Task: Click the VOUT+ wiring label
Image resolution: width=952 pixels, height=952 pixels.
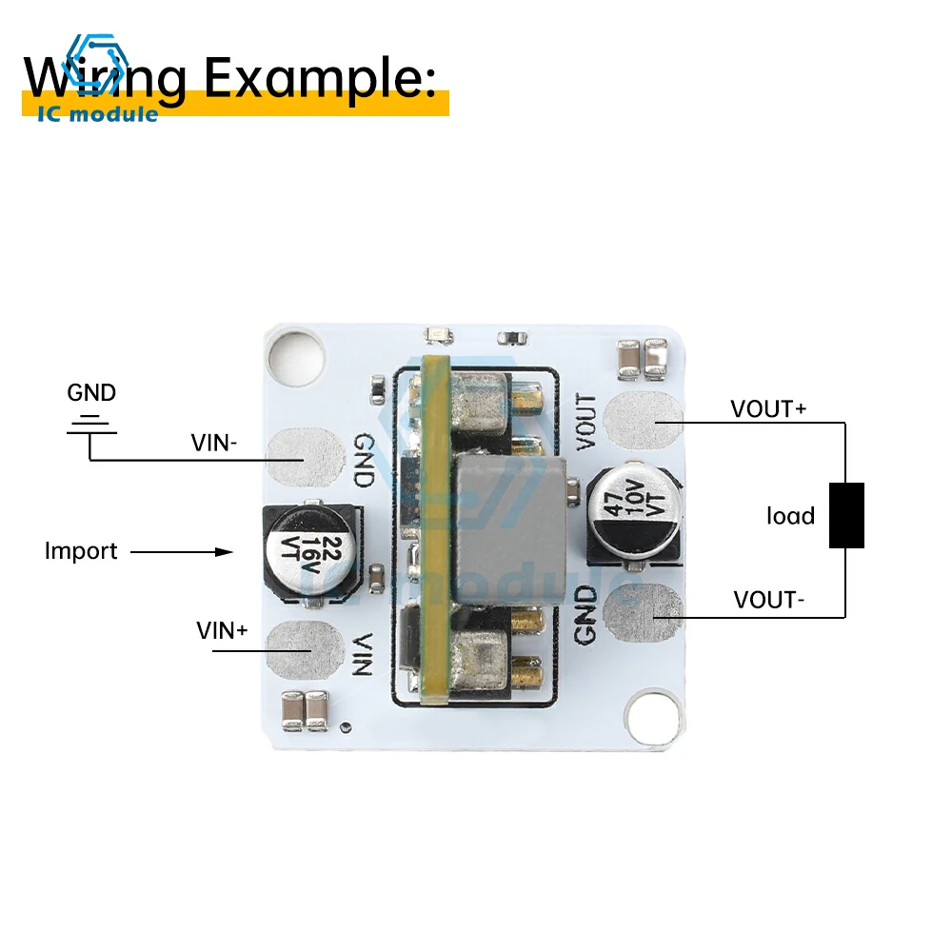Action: (768, 409)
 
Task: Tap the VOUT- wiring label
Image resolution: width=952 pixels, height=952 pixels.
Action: (769, 600)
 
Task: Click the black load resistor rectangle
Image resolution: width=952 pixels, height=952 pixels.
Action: (846, 515)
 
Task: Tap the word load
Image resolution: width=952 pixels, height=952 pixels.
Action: (791, 516)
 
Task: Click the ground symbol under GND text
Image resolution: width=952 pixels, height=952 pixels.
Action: (91, 425)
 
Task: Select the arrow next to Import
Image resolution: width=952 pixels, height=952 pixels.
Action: (181, 551)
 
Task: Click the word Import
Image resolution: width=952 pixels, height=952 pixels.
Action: (81, 550)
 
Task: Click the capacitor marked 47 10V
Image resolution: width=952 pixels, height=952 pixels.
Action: (631, 509)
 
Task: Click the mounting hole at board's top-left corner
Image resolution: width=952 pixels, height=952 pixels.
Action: (292, 354)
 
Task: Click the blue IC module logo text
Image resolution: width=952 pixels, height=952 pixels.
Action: (98, 114)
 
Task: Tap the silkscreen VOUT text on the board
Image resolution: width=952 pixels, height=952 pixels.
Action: (587, 422)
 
